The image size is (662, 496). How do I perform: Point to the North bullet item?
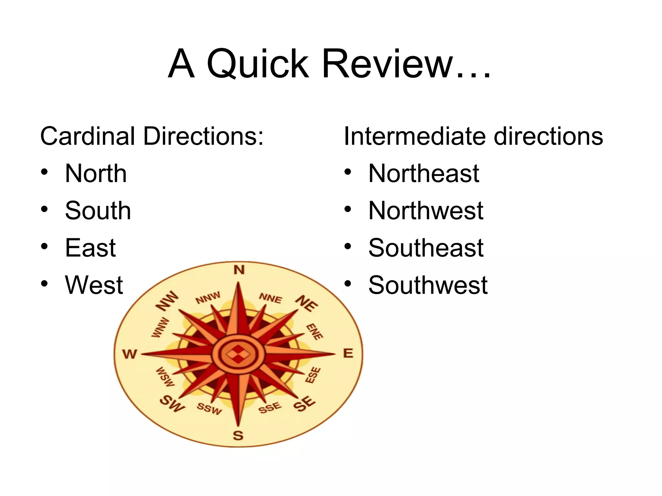[96, 174]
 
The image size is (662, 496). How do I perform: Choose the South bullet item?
[98, 211]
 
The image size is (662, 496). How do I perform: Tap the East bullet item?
[90, 248]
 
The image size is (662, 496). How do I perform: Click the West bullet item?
[94, 285]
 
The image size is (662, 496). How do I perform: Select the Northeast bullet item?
[424, 174]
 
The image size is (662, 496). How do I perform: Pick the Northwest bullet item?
[426, 211]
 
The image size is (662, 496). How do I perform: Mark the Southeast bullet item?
[426, 248]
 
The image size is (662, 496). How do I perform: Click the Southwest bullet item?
[428, 285]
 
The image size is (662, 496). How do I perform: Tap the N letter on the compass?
[239, 270]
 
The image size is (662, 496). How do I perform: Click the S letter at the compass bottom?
[238, 436]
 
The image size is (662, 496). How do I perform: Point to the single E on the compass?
[348, 353]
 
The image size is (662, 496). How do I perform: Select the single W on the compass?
[130, 354]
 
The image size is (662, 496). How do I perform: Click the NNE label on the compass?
[271, 298]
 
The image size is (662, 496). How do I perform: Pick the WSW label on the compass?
[165, 377]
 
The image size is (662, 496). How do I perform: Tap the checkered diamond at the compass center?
[238, 354]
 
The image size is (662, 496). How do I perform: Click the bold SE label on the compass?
[304, 403]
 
